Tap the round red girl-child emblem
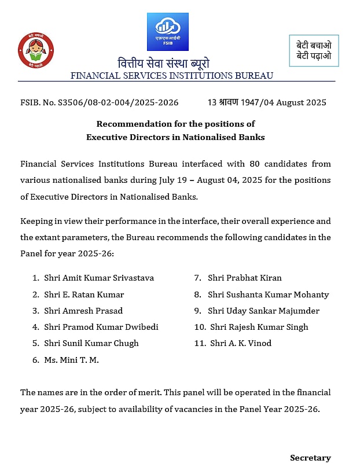pos(35,51)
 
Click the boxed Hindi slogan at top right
pos(314,50)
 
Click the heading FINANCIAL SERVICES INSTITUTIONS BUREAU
pos(172,76)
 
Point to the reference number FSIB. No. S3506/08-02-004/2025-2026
pos(99,102)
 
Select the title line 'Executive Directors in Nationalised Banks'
pos(175,137)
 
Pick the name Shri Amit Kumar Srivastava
pos(99,278)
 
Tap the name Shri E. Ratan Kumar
pos(84,295)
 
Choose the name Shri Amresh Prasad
pos(83,311)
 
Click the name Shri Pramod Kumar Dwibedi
pos(101,327)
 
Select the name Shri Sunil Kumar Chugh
pos(91,343)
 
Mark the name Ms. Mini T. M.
pos(71,360)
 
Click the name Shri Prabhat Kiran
pos(245,278)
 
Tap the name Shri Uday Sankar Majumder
pos(263,311)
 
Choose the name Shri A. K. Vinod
pos(241,343)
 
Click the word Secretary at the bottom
pos(310,458)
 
